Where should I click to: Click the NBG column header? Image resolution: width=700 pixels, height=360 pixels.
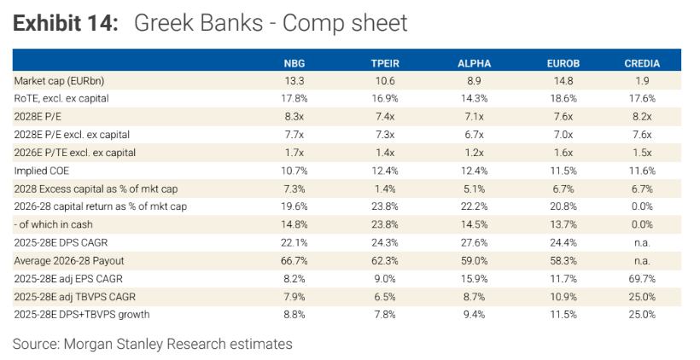(x=295, y=63)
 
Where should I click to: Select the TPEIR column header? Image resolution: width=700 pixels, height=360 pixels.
(x=385, y=63)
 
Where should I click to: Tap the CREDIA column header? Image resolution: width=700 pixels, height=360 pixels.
(x=642, y=63)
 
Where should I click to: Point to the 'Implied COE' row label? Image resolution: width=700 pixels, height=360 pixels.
(x=42, y=171)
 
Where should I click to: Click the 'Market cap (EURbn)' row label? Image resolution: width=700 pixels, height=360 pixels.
(x=59, y=81)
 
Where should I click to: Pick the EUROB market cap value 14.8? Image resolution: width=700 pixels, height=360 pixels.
(x=563, y=81)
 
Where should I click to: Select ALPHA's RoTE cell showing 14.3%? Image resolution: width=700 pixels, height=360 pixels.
(x=474, y=99)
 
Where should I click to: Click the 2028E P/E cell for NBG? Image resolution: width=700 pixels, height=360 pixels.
(x=295, y=117)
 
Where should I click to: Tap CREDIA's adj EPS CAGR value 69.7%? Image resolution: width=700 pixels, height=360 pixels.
(x=642, y=279)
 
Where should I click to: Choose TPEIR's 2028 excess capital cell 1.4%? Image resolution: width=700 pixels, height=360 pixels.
(x=385, y=189)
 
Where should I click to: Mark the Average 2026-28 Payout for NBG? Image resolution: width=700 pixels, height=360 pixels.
(x=295, y=260)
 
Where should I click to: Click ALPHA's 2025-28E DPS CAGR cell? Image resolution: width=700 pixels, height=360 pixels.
(x=474, y=242)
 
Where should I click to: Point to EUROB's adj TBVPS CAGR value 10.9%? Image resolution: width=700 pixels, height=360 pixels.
(x=563, y=297)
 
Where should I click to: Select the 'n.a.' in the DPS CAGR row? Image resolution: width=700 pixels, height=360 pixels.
(x=642, y=242)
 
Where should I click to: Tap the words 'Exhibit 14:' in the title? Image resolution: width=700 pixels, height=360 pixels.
(x=65, y=23)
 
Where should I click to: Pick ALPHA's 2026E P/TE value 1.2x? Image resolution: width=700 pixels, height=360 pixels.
(x=474, y=153)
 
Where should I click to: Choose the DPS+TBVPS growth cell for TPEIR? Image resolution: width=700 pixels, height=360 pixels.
(x=385, y=315)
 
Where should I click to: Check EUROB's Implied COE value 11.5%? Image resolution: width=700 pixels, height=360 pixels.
(x=563, y=171)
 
